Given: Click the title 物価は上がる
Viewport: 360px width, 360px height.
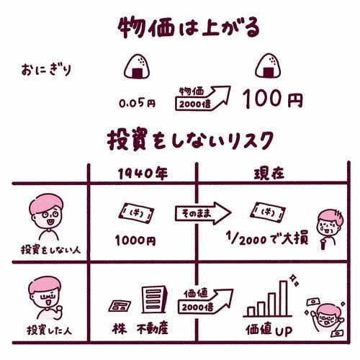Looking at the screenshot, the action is [x=189, y=28].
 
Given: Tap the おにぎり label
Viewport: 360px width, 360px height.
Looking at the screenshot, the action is [x=46, y=70].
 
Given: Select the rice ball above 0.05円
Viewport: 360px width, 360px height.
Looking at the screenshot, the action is [x=137, y=66].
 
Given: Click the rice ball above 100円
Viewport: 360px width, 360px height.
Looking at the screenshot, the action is [x=268, y=66].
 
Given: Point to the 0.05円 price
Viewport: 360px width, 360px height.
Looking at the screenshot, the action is [x=138, y=103].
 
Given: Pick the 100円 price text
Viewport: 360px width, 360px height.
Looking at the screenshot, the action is [x=273, y=99].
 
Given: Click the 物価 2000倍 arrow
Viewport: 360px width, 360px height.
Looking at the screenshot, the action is [x=203, y=98].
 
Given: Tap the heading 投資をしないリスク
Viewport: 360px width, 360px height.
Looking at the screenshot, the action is [x=190, y=141].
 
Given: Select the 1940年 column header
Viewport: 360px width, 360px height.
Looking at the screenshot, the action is [x=143, y=174].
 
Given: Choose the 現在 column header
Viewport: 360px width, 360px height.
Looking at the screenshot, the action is [x=269, y=173].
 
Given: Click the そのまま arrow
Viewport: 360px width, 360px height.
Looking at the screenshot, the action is [x=203, y=213].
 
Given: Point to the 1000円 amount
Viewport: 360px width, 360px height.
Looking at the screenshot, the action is [x=135, y=240].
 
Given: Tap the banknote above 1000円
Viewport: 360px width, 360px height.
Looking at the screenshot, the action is [x=136, y=213].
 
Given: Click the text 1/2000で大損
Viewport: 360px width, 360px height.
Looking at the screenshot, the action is [x=267, y=238].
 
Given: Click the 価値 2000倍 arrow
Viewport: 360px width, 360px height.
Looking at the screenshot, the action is [x=205, y=301].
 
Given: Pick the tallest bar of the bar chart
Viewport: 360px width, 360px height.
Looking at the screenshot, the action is [x=284, y=298].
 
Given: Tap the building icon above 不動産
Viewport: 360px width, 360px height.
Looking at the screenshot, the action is [x=154, y=300].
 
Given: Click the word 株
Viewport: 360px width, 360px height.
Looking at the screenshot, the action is [x=120, y=328].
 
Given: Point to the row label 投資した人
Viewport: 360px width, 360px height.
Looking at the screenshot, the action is [x=49, y=330].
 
